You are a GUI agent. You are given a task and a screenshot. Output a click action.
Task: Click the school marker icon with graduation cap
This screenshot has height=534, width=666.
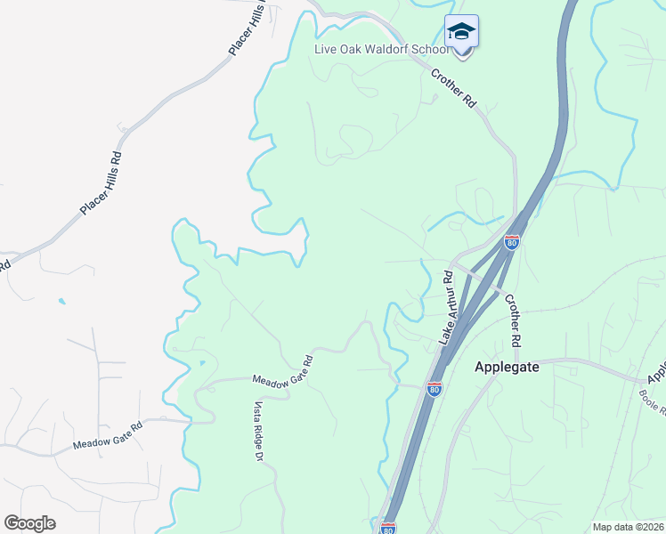click(461, 32)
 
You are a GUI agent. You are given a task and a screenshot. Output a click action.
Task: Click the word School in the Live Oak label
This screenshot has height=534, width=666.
click(431, 49)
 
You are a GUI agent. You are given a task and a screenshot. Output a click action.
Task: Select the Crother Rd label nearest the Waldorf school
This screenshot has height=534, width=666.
click(455, 89)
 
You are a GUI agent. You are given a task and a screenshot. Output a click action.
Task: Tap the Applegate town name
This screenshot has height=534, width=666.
click(508, 367)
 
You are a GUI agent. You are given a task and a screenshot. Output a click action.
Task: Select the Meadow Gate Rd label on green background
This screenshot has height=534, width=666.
click(283, 371)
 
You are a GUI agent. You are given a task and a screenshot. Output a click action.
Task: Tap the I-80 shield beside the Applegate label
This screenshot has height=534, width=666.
click(434, 390)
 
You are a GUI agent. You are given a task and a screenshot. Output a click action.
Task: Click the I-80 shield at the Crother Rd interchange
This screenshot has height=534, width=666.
click(511, 241)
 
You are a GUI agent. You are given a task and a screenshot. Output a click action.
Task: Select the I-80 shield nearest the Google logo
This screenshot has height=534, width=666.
click(387, 529)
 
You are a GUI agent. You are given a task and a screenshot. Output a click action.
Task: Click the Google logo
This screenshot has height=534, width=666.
click(30, 522)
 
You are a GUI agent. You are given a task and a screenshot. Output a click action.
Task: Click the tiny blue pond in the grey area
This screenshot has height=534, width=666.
click(61, 302)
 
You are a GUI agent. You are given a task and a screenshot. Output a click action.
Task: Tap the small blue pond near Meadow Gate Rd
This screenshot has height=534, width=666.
click(202, 363)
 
